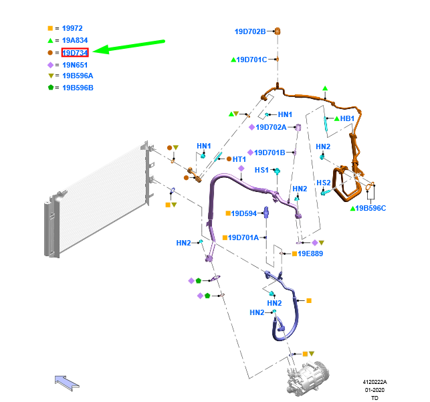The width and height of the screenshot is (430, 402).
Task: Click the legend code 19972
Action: coord(72,28)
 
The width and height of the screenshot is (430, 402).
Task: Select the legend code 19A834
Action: coord(74,40)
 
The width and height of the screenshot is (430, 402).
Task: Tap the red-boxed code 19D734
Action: coord(75,52)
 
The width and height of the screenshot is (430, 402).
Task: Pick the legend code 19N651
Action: coord(74,64)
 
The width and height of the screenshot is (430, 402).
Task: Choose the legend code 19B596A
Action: coord(78,76)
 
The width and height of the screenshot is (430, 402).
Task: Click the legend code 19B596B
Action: coord(78,88)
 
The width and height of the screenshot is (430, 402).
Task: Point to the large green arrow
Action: coord(130,46)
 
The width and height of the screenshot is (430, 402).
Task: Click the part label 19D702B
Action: coord(250,31)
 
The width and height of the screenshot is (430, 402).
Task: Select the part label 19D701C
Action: coord(252,60)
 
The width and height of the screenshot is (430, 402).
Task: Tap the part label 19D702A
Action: coord(271,127)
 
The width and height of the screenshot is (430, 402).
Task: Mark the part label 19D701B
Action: coord(270,153)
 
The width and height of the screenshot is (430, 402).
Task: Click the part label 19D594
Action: coord(243,213)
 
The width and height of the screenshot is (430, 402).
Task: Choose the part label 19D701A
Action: coord(243,237)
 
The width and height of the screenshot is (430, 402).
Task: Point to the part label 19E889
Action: coord(310,254)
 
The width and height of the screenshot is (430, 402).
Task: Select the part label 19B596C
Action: coord(372,208)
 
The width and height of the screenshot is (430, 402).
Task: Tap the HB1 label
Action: coord(347,118)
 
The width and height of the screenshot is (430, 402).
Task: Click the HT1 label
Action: coord(239,159)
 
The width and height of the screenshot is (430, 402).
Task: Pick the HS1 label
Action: coord(261,170)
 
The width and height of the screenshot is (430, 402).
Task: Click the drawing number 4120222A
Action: coord(374,382)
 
